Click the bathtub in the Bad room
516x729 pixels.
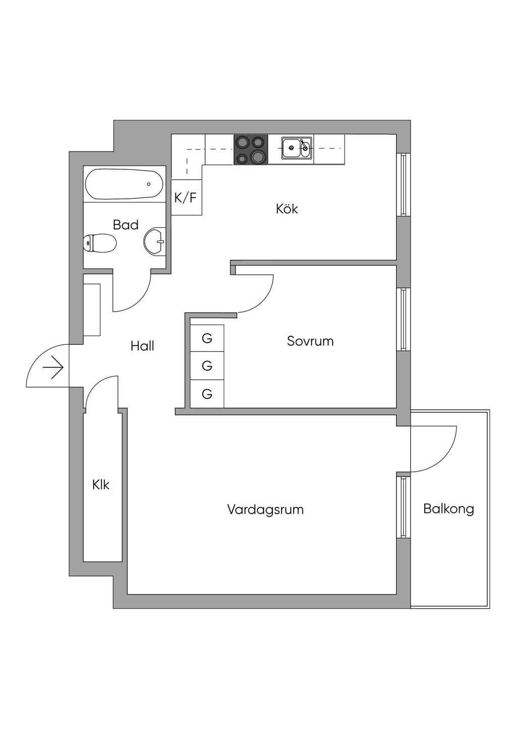(124, 184)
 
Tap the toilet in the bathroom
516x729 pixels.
(100, 243)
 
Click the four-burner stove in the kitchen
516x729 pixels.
(250, 150)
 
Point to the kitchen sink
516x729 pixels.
(296, 148)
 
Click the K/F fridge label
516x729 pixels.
(185, 198)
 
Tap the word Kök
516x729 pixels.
(287, 208)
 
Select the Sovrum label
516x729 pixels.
(310, 341)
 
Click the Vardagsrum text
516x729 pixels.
(265, 509)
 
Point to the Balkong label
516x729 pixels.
(448, 508)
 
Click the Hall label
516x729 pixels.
(142, 346)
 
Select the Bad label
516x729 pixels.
(125, 225)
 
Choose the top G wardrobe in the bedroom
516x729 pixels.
(207, 338)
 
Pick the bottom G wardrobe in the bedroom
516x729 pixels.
(207, 394)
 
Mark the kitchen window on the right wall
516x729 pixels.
(403, 184)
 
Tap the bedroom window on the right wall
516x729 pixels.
(403, 319)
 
